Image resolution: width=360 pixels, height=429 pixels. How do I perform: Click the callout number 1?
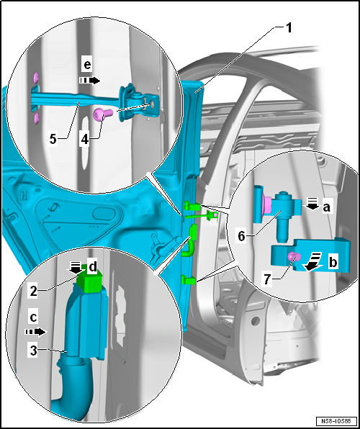[x=288, y=29]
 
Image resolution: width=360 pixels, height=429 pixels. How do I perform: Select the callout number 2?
[x=33, y=291]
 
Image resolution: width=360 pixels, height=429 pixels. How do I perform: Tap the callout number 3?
[x=33, y=351]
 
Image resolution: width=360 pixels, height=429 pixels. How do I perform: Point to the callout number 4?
[x=85, y=139]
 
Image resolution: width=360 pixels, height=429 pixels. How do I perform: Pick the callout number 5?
[x=53, y=139]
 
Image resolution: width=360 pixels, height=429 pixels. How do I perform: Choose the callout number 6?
[x=241, y=236]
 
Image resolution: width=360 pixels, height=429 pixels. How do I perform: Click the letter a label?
[x=326, y=207]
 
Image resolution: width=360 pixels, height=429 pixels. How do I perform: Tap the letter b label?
[x=333, y=262]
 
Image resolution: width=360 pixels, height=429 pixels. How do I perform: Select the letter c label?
[x=33, y=317]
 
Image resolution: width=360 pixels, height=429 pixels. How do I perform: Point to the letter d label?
[x=93, y=267]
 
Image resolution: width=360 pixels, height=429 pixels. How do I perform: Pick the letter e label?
[x=87, y=66]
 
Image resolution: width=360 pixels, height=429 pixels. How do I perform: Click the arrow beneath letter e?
[x=90, y=80]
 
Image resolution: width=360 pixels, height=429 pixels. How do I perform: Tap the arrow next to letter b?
[x=313, y=262]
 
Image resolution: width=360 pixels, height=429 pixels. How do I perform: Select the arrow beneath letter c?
[x=35, y=332]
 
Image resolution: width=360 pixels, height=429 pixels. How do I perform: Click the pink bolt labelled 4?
[x=103, y=114]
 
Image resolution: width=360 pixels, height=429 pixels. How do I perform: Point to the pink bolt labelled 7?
[x=294, y=256]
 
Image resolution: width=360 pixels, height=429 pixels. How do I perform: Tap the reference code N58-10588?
[x=336, y=420]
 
